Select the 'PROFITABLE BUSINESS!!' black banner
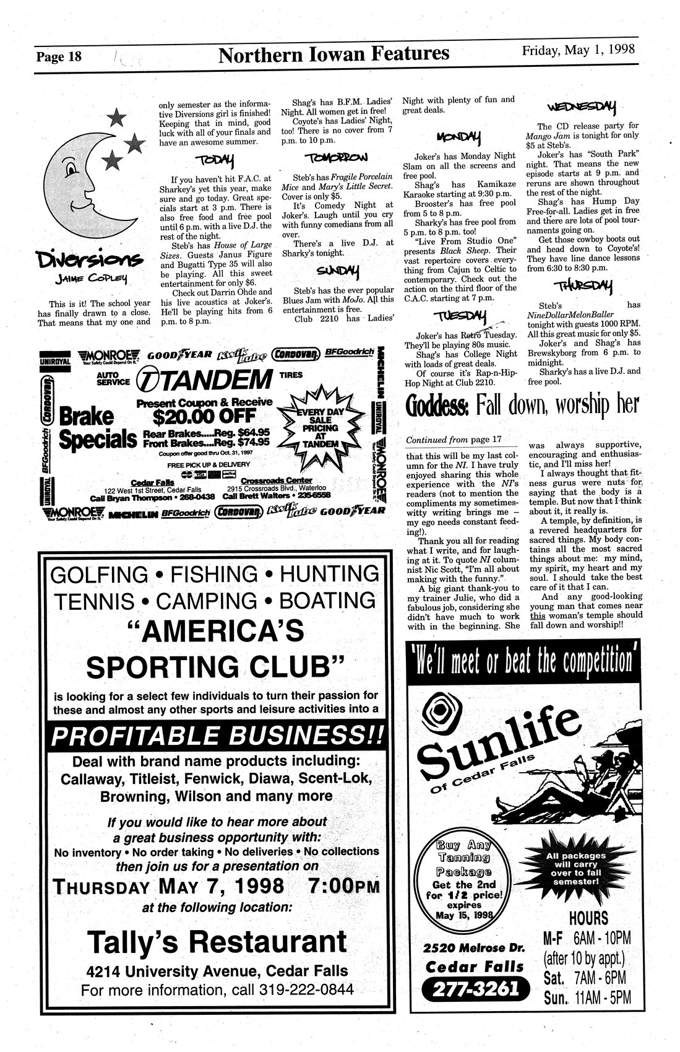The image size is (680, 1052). pyautogui.click(x=216, y=736)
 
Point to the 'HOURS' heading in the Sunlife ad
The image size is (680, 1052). pyautogui.click(x=588, y=918)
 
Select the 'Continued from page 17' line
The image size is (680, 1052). pyautogui.click(x=454, y=440)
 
